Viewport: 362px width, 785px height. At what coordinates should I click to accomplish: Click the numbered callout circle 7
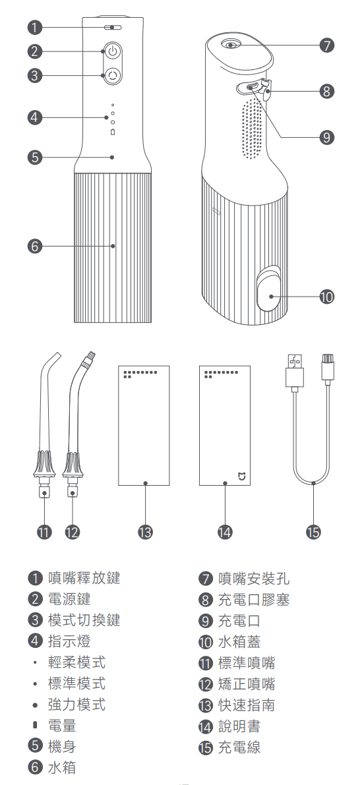click(326, 45)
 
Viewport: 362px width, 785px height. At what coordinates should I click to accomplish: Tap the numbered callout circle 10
click(326, 297)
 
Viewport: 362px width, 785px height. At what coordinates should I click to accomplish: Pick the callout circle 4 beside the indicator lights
click(34, 117)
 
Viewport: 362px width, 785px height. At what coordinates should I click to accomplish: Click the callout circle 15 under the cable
click(313, 532)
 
